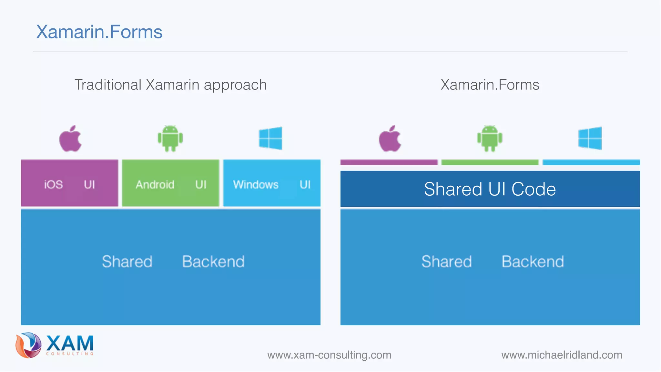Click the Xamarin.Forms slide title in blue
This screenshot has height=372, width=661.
click(99, 32)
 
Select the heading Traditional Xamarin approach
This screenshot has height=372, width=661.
click(170, 85)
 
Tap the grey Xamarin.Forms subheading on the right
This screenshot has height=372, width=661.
click(490, 85)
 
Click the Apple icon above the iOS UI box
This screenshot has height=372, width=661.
click(70, 139)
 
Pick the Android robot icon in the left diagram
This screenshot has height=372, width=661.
click(170, 138)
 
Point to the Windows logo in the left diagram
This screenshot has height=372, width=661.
click(270, 138)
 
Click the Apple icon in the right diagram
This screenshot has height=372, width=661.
click(390, 139)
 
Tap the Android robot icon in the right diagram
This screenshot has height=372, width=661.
click(490, 138)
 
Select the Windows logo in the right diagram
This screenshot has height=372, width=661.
click(590, 138)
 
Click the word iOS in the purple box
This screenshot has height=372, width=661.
click(53, 185)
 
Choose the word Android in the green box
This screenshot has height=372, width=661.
click(155, 185)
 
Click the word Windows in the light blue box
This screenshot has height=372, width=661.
click(256, 185)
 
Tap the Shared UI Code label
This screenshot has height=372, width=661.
click(490, 189)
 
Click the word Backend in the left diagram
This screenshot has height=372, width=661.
click(213, 262)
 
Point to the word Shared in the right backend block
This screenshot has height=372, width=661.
click(446, 262)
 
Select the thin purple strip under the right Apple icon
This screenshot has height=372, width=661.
click(389, 162)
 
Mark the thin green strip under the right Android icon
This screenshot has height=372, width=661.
click(490, 162)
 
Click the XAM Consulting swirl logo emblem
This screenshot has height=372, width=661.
click(28, 345)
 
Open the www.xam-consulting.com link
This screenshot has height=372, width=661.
click(329, 355)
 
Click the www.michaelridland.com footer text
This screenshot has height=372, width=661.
click(562, 355)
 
